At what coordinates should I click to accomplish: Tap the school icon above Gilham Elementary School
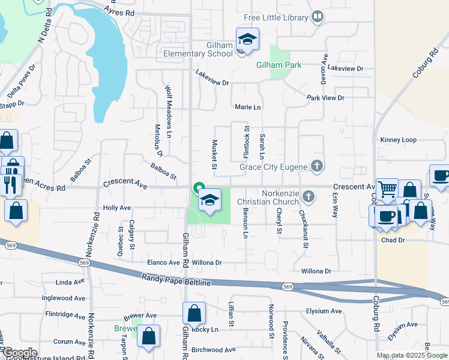click(x=247, y=40)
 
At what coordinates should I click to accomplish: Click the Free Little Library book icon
click(x=317, y=17)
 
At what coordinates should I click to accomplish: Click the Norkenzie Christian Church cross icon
click(x=309, y=196)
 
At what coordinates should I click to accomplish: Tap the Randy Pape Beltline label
click(x=176, y=279)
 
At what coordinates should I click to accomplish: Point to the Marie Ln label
click(x=248, y=107)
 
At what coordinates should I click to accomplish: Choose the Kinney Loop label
click(x=398, y=140)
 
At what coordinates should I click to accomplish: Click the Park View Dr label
click(x=325, y=98)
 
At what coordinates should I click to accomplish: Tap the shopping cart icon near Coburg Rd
click(x=387, y=190)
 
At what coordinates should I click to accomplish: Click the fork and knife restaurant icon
click(x=11, y=184)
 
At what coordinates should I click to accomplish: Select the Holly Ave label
click(x=116, y=208)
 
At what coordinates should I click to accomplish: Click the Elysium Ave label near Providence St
click(x=324, y=311)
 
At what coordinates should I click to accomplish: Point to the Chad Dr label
click(x=393, y=240)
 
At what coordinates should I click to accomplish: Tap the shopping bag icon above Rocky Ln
click(x=194, y=313)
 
